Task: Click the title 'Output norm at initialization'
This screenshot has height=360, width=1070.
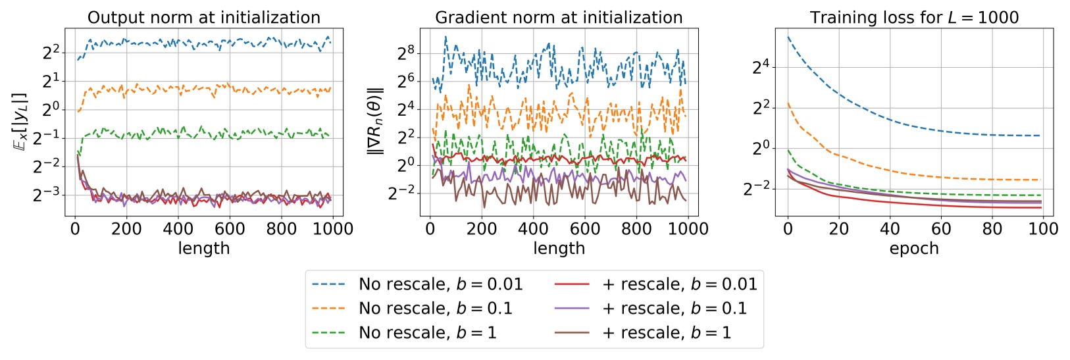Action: coord(204,17)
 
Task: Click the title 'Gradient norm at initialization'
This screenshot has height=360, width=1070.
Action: coord(559,17)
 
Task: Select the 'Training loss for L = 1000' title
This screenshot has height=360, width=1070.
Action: coord(914,17)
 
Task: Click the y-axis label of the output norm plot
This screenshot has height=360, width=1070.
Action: coord(20,121)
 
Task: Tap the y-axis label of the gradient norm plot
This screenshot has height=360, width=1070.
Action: coord(375,121)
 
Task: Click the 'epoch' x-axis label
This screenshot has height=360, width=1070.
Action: coord(914,249)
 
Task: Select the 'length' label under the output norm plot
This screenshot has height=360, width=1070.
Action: coord(204,249)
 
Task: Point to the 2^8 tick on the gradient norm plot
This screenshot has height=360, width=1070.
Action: coord(406,52)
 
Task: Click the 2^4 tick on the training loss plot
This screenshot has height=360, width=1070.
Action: coord(761,67)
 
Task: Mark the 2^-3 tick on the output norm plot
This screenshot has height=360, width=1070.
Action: coord(47,195)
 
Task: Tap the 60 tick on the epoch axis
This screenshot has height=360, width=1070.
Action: coord(941,229)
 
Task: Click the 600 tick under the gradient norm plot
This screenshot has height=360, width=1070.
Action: coord(585,229)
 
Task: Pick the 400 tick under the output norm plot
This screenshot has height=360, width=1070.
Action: coord(178,229)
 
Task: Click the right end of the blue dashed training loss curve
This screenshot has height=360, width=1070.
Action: coord(1040,136)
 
